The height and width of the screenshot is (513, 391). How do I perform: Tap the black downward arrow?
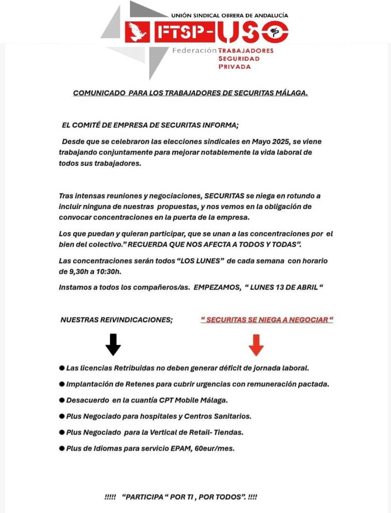[x=113, y=345]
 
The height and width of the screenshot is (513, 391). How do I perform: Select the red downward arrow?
[x=256, y=345]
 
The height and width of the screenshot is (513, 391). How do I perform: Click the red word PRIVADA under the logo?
[x=234, y=67]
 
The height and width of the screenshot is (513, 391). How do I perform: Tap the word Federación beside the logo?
[x=194, y=51]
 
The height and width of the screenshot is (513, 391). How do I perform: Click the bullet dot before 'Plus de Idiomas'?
[x=62, y=448]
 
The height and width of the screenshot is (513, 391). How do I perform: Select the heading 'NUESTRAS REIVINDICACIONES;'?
[x=116, y=319]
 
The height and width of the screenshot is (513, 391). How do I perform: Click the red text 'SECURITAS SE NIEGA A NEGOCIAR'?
[x=267, y=319]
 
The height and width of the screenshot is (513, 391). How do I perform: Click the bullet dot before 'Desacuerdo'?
[x=62, y=400]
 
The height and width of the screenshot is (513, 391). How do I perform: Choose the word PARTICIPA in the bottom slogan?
[x=145, y=497]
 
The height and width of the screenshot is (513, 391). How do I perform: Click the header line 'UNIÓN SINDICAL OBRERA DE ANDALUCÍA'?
[x=229, y=16]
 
